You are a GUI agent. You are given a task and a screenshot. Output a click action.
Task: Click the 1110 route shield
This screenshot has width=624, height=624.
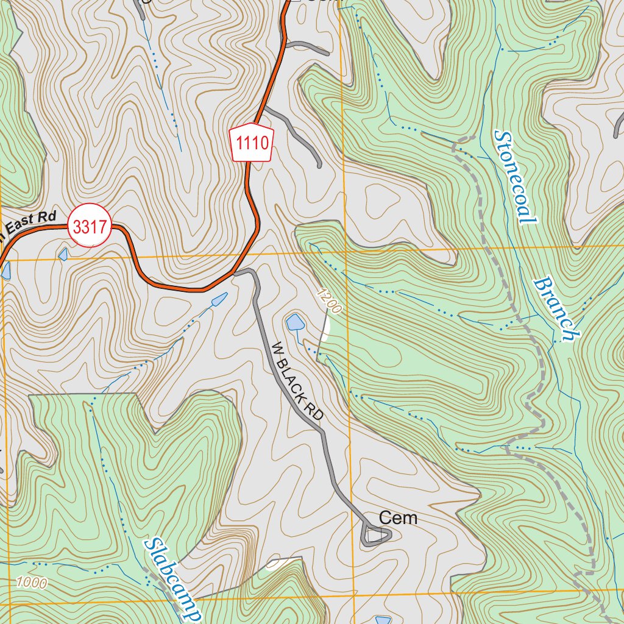point(252,144)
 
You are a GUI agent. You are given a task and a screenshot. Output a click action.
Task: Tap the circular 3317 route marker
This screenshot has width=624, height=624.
point(89,225)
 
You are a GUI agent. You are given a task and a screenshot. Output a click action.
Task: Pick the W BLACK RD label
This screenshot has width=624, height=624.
point(297,382)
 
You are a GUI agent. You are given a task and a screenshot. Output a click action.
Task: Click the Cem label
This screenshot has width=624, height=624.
point(398,518)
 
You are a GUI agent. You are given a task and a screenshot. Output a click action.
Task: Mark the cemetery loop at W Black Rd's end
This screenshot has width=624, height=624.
point(374,536)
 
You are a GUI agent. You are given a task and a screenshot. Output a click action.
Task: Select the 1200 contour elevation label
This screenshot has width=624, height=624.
point(329,301)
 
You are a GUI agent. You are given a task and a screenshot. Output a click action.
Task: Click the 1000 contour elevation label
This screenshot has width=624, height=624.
point(31,582)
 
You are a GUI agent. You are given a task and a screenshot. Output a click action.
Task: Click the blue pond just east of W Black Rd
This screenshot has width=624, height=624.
point(295,322)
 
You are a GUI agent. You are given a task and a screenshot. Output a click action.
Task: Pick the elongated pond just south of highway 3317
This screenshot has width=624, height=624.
point(219,299)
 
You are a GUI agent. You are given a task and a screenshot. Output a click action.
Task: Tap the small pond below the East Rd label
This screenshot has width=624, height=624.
point(63,253)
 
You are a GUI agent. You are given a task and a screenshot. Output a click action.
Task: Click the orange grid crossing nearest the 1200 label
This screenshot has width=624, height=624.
point(345,251)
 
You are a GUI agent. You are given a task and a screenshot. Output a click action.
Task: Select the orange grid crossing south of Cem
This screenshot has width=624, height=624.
point(354,592)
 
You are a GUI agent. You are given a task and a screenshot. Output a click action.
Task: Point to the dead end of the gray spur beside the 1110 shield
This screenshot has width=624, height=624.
point(319,165)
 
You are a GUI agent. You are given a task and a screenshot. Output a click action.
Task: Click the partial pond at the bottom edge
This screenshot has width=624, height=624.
point(383,620)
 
